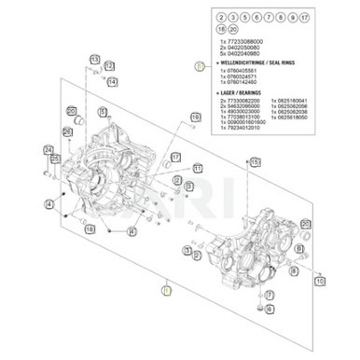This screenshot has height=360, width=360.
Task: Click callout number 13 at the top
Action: [x=94, y=61]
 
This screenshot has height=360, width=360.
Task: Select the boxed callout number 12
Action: [x=111, y=63]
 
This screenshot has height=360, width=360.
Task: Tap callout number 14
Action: [x=111, y=82]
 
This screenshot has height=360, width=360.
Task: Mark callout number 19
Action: [x=196, y=117]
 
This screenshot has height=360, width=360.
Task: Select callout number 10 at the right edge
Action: [x=320, y=280]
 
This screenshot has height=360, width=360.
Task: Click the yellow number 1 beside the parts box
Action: [x=199, y=66]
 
